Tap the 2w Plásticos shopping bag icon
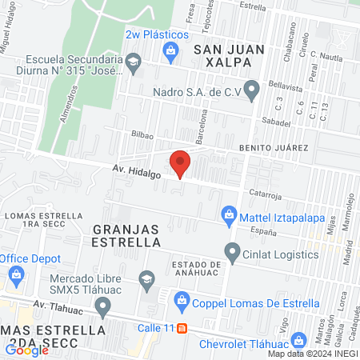[x=170, y=52]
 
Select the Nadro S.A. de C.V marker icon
[x=252, y=90]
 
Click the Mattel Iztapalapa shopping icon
[x=229, y=214]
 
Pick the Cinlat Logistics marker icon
[x=233, y=254]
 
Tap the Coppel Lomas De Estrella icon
[x=182, y=302]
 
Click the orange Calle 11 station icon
[x=182, y=328]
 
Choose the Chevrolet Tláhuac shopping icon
[x=298, y=340]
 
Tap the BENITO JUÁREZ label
[x=272, y=148]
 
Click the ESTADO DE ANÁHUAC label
[x=200, y=267]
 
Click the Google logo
[x=26, y=350]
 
